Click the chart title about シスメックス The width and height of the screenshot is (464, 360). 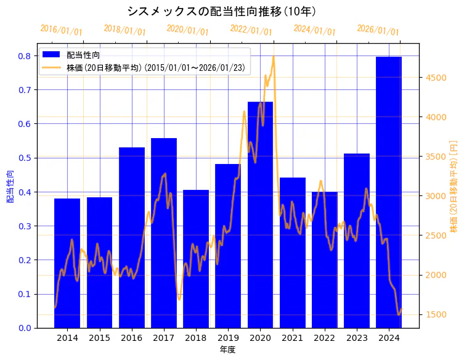[x=222, y=11]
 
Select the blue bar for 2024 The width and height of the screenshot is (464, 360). [x=389, y=191]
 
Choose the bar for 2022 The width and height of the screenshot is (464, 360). [x=325, y=259]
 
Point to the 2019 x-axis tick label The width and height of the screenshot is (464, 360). [x=228, y=338]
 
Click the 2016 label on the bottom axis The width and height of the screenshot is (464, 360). [x=131, y=338]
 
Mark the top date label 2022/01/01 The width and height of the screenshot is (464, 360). [x=251, y=30]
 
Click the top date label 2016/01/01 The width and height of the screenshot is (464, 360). [x=61, y=30]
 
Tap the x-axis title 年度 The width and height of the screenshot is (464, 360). [x=227, y=350]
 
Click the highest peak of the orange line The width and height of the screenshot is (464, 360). [x=273, y=57]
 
